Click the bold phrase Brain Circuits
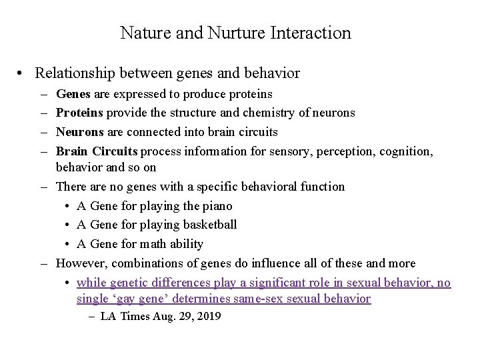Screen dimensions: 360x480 tap(97, 151)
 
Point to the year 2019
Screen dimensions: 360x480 tap(207, 316)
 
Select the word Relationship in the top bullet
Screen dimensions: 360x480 tap(70, 73)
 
